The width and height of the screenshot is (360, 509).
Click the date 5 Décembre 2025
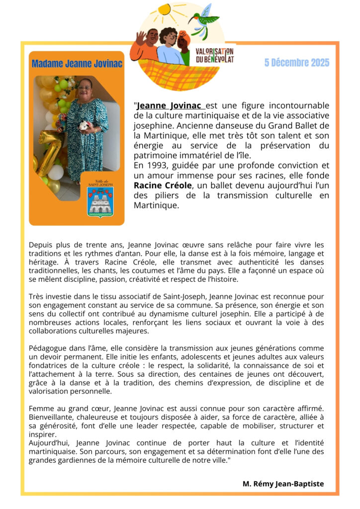pos(297,63)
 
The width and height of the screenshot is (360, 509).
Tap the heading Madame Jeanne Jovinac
pos(77,64)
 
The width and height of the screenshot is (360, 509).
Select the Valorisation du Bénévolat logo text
pos(214,55)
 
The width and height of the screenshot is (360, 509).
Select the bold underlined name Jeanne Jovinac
pos(170,106)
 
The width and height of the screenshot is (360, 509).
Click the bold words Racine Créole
pos(159,185)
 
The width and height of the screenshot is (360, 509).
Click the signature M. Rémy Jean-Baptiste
pos(283,484)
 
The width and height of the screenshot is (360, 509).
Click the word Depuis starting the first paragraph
pos(41,245)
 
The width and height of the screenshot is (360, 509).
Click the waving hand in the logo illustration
pos(141,37)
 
